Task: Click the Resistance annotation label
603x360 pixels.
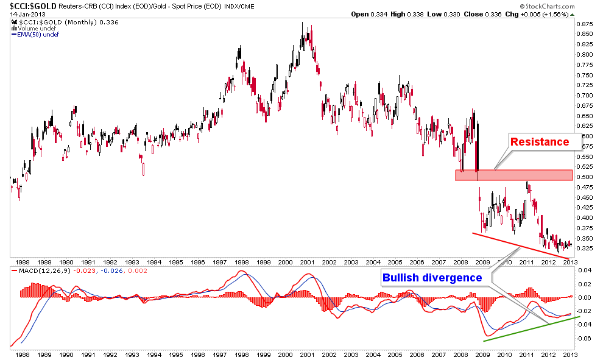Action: pyautogui.click(x=539, y=142)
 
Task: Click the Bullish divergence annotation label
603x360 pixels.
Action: pyautogui.click(x=432, y=278)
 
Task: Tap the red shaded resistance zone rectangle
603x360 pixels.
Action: pyautogui.click(x=514, y=175)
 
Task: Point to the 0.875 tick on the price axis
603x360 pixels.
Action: pyautogui.click(x=585, y=24)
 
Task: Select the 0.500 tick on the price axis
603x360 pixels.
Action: pyautogui.click(x=585, y=177)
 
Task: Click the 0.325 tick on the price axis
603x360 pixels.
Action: pyautogui.click(x=585, y=249)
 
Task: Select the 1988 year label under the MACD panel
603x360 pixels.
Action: pyautogui.click(x=24, y=354)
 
